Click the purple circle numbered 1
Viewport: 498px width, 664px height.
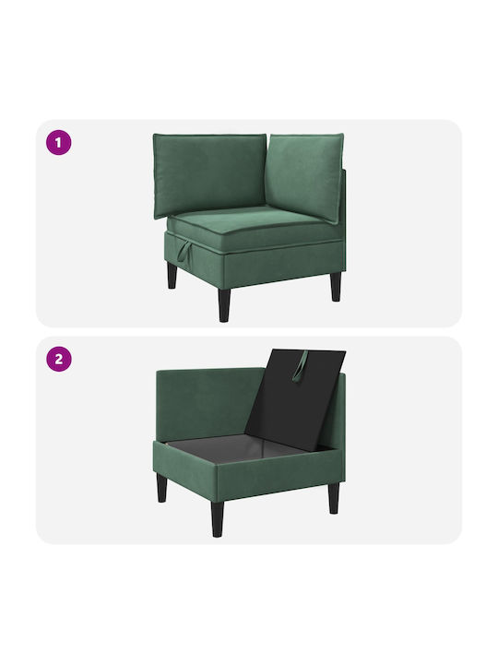click(58, 142)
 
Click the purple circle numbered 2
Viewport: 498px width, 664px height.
click(58, 359)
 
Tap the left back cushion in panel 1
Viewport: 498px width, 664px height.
click(209, 175)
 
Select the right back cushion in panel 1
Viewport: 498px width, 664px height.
click(306, 176)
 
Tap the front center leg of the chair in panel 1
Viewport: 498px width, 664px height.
click(224, 305)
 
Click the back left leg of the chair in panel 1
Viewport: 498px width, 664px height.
click(172, 275)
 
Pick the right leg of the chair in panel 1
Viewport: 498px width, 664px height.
click(336, 286)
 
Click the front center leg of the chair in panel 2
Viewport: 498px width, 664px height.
click(218, 518)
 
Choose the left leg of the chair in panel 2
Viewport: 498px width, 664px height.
click(161, 488)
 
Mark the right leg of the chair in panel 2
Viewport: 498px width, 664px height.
click(334, 498)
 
